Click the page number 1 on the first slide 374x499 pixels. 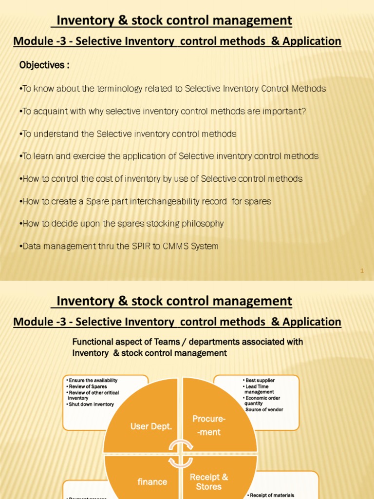point(362,271)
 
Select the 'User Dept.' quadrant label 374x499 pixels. point(151,426)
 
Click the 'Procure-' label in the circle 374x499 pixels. point(209,419)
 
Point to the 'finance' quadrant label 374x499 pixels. point(152,482)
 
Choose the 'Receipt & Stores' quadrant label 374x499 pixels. point(209,481)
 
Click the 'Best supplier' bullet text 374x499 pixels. point(260,380)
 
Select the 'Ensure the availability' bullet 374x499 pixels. point(93,380)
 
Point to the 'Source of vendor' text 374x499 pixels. point(264,409)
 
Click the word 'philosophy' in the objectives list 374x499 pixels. point(200,224)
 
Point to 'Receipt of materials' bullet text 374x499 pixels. point(271,495)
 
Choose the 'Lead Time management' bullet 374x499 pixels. point(259,389)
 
